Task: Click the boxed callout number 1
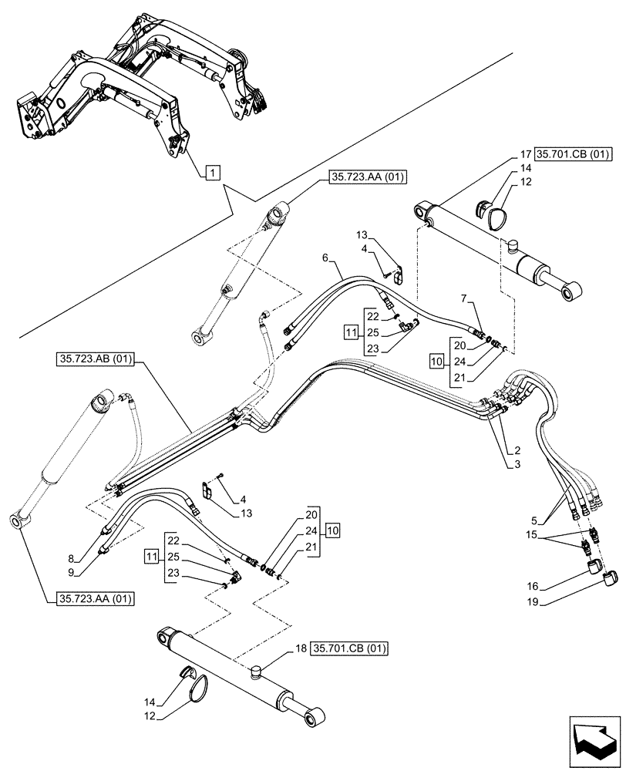pos(212,173)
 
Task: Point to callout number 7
pos(464,298)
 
